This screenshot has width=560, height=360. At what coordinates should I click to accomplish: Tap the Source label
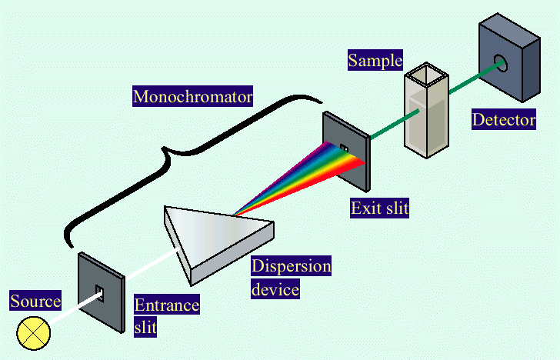pyautogui.click(x=35, y=301)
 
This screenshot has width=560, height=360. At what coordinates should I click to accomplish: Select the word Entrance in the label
pyautogui.click(x=167, y=305)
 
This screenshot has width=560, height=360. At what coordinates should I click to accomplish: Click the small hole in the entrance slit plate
pyautogui.click(x=99, y=291)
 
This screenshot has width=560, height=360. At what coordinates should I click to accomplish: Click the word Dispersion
pyautogui.click(x=292, y=267)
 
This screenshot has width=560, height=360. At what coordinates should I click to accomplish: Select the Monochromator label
pyautogui.click(x=193, y=97)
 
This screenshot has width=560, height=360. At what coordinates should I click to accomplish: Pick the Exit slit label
pyautogui.click(x=378, y=207)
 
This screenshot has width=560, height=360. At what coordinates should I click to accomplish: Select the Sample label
pyautogui.click(x=375, y=60)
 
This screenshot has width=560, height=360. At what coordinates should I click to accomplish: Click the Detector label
pyautogui.click(x=504, y=119)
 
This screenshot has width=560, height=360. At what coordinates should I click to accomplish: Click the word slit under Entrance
pyautogui.click(x=145, y=328)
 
